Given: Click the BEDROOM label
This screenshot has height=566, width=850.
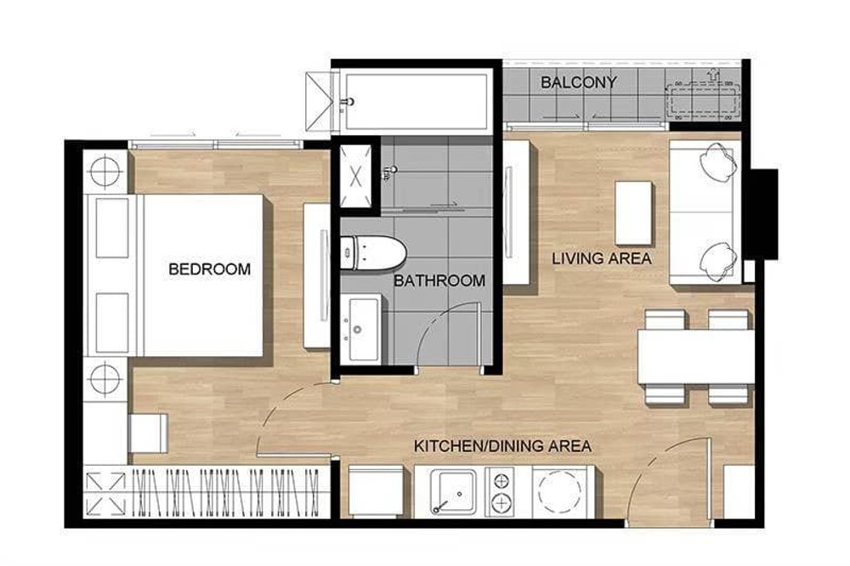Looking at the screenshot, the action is [209, 269].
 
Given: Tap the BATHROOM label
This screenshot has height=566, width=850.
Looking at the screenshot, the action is [439, 280].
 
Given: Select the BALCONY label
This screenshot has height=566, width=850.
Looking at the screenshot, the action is [578, 82].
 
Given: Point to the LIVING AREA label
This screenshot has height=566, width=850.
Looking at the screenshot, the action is [601, 258].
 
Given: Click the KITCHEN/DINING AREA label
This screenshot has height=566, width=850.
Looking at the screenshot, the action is [502, 446].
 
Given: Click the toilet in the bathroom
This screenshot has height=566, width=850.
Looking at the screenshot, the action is [372, 253].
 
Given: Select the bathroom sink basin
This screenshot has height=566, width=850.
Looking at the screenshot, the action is [363, 329].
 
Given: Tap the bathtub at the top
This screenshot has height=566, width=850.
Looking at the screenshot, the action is [416, 101].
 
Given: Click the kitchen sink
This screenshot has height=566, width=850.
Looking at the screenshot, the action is [453, 492].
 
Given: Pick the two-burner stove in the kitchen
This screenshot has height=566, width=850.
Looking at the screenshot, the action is [501, 492].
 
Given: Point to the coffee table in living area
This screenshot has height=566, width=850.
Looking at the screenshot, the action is [633, 213].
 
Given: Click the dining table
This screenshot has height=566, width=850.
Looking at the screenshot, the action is [696, 357].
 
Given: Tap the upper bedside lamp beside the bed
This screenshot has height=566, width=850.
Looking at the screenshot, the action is [105, 172].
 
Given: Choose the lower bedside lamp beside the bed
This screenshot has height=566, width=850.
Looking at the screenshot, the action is [105, 378].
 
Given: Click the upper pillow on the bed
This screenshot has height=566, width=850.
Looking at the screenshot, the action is [112, 228].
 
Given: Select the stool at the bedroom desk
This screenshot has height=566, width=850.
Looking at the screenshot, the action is [148, 433].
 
